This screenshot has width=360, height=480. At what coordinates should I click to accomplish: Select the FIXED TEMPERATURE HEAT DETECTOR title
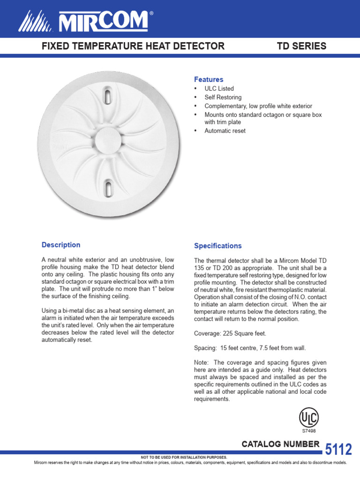[x=134, y=46]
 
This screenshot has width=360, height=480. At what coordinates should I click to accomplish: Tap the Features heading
[x=209, y=80]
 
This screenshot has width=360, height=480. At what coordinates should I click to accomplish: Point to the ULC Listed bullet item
[x=219, y=89]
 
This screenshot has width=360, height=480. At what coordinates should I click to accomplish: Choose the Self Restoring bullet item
[x=223, y=97]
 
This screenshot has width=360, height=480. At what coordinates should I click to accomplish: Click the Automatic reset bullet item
[x=225, y=131]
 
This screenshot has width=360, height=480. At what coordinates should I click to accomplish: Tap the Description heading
[x=61, y=245]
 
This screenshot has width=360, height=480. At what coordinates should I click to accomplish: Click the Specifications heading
[x=218, y=246]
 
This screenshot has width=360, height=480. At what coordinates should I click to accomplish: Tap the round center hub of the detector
[x=108, y=142]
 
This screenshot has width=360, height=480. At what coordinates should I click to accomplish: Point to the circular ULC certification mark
[x=309, y=417]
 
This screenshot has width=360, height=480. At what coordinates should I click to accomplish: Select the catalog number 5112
[x=338, y=449]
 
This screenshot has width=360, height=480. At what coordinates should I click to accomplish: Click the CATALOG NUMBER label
[x=281, y=444]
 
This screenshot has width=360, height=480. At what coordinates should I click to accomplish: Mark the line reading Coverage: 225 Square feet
[x=230, y=333]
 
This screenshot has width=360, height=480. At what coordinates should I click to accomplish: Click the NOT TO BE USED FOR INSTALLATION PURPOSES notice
[x=184, y=457]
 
